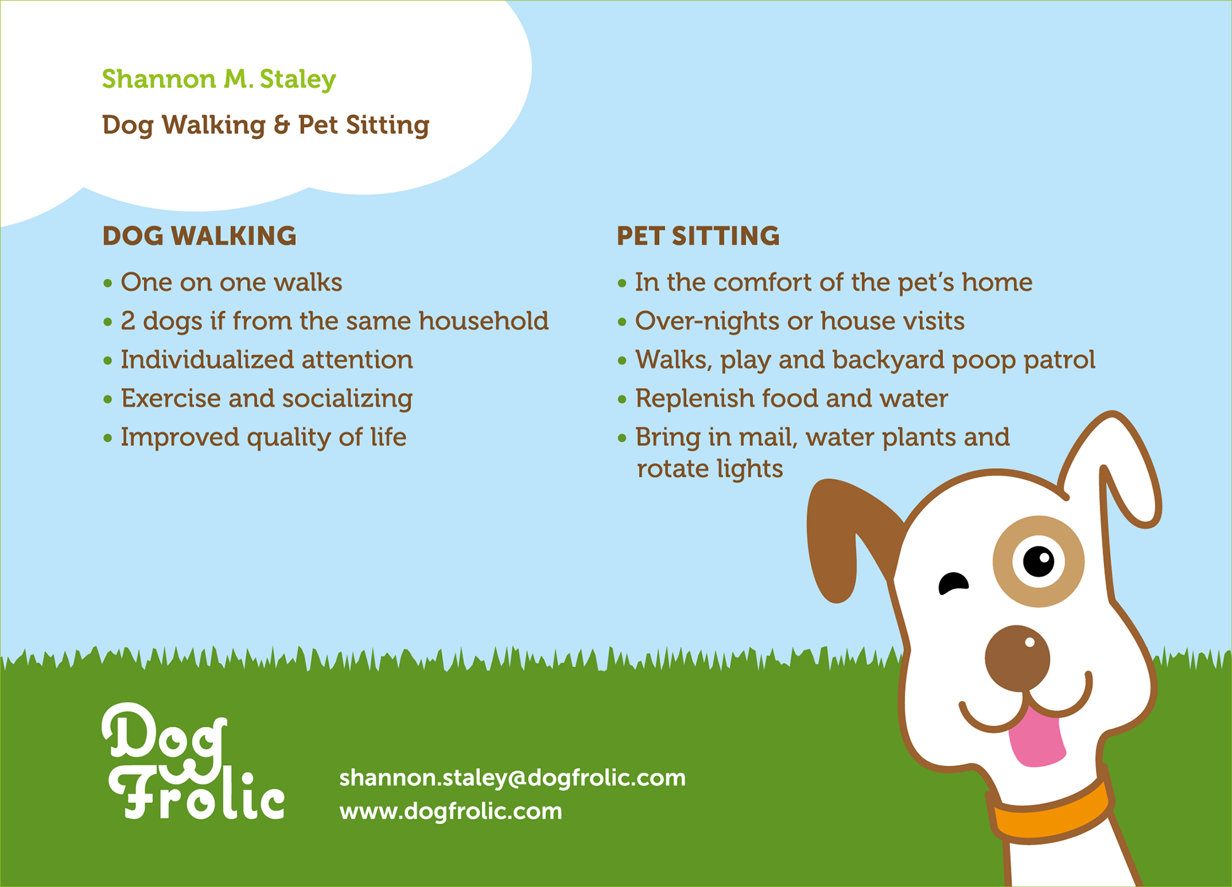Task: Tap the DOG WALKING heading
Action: click(x=200, y=236)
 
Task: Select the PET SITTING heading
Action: click(x=698, y=236)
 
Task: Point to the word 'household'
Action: click(x=484, y=321)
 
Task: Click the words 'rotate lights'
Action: click(x=710, y=469)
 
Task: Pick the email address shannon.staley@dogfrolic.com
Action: click(x=512, y=778)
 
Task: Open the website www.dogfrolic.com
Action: click(x=450, y=811)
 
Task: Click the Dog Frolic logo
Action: click(x=193, y=761)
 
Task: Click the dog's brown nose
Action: click(x=1018, y=659)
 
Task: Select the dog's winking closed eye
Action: click(x=953, y=583)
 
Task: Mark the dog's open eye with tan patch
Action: click(x=1038, y=561)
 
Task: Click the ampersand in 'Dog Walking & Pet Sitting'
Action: click(x=282, y=126)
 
